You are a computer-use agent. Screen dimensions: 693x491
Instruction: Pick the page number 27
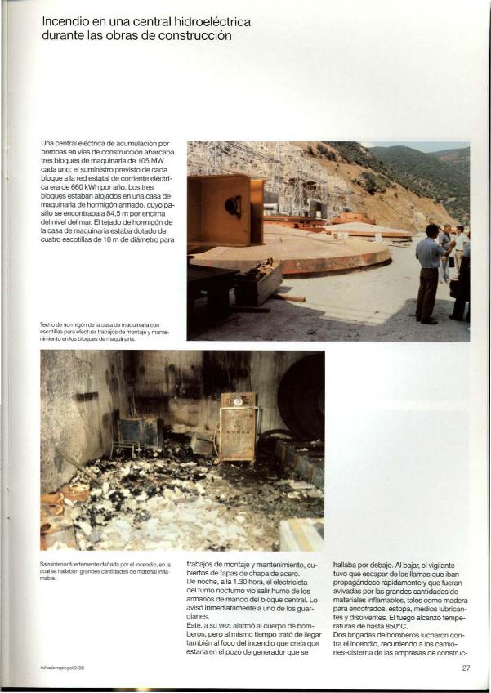click(x=465, y=668)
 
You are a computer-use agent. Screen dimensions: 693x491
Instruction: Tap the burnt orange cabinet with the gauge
click(x=238, y=426)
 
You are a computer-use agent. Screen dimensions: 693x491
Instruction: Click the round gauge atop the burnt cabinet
click(x=238, y=401)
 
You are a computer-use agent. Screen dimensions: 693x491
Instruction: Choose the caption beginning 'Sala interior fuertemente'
click(x=105, y=568)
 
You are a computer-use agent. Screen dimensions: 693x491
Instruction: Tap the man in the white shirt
click(x=459, y=245)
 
